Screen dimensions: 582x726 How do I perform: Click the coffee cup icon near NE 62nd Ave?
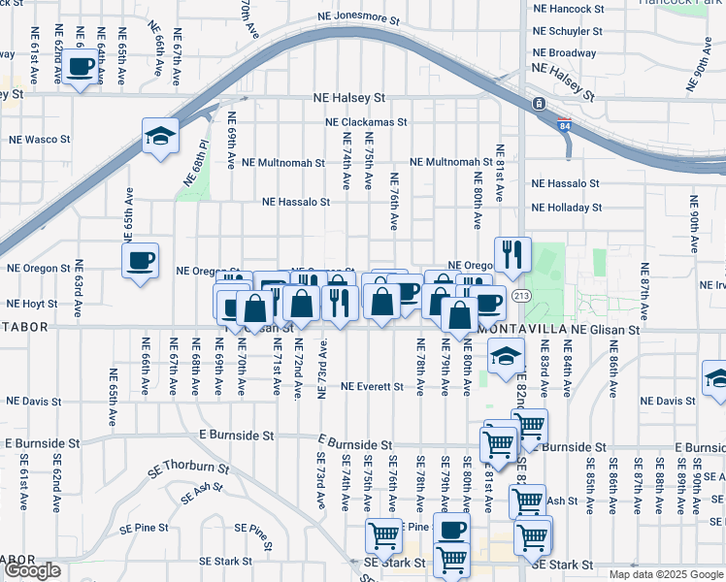[81, 67]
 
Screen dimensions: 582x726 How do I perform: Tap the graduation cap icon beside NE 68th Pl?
[160, 135]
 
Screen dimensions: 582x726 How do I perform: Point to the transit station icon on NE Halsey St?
[537, 104]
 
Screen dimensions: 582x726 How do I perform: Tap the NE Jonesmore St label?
[358, 18]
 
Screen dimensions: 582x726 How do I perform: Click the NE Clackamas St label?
[366, 123]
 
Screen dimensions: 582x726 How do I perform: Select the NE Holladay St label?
[566, 208]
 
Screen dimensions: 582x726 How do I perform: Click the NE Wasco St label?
[40, 140]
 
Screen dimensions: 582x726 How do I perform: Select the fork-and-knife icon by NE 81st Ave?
[512, 255]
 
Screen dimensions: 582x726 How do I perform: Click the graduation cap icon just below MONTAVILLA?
[505, 357]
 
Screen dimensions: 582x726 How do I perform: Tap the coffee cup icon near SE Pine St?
[451, 530]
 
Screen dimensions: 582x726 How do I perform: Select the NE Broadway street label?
[565, 53]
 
